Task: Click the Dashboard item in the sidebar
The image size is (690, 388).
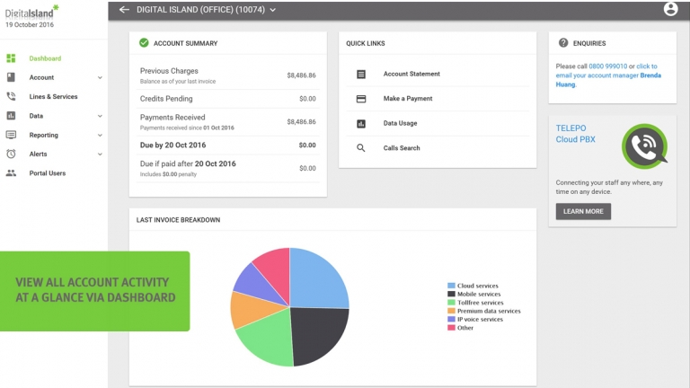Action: [45, 58]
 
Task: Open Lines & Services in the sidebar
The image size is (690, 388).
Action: [53, 97]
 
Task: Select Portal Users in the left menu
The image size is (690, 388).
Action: [47, 173]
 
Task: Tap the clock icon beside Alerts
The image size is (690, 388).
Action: [11, 154]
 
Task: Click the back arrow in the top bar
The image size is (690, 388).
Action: [124, 10]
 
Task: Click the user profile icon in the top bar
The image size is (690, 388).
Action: [670, 9]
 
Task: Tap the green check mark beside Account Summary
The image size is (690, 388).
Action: [144, 43]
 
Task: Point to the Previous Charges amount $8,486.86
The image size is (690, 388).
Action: [301, 75]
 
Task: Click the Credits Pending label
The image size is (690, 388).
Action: [166, 99]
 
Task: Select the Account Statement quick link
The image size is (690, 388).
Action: [411, 74]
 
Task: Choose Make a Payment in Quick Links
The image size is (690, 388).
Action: [408, 99]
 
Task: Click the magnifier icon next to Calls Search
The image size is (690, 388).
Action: [361, 148]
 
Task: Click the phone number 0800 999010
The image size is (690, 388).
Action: [607, 66]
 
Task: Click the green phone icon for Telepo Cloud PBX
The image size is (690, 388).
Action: [645, 146]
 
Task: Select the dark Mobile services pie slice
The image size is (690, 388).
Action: [317, 333]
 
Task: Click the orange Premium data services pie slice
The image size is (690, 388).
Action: [250, 310]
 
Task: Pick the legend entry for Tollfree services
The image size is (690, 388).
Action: [475, 303]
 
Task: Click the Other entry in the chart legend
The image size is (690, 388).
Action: [460, 328]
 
